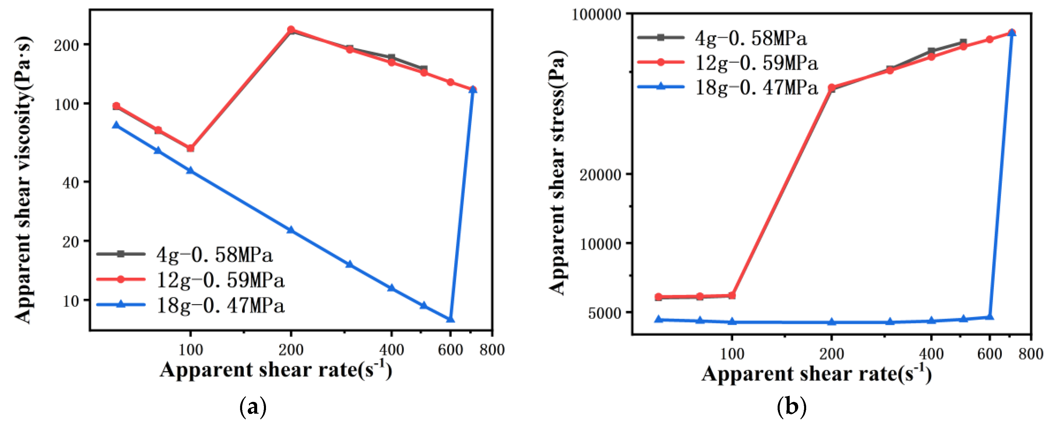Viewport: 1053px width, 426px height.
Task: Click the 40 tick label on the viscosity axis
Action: [70, 183]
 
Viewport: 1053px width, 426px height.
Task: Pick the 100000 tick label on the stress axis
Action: [596, 15]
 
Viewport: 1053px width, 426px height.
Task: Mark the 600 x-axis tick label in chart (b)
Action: [989, 354]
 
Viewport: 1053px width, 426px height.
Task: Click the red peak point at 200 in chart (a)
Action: [291, 30]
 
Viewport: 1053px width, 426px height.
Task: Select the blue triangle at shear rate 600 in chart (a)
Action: [450, 319]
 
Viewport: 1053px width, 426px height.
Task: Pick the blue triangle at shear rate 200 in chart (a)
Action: [291, 230]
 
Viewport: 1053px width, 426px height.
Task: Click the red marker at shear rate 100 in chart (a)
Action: [190, 148]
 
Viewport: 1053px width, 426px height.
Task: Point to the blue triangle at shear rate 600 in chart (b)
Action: [990, 317]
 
